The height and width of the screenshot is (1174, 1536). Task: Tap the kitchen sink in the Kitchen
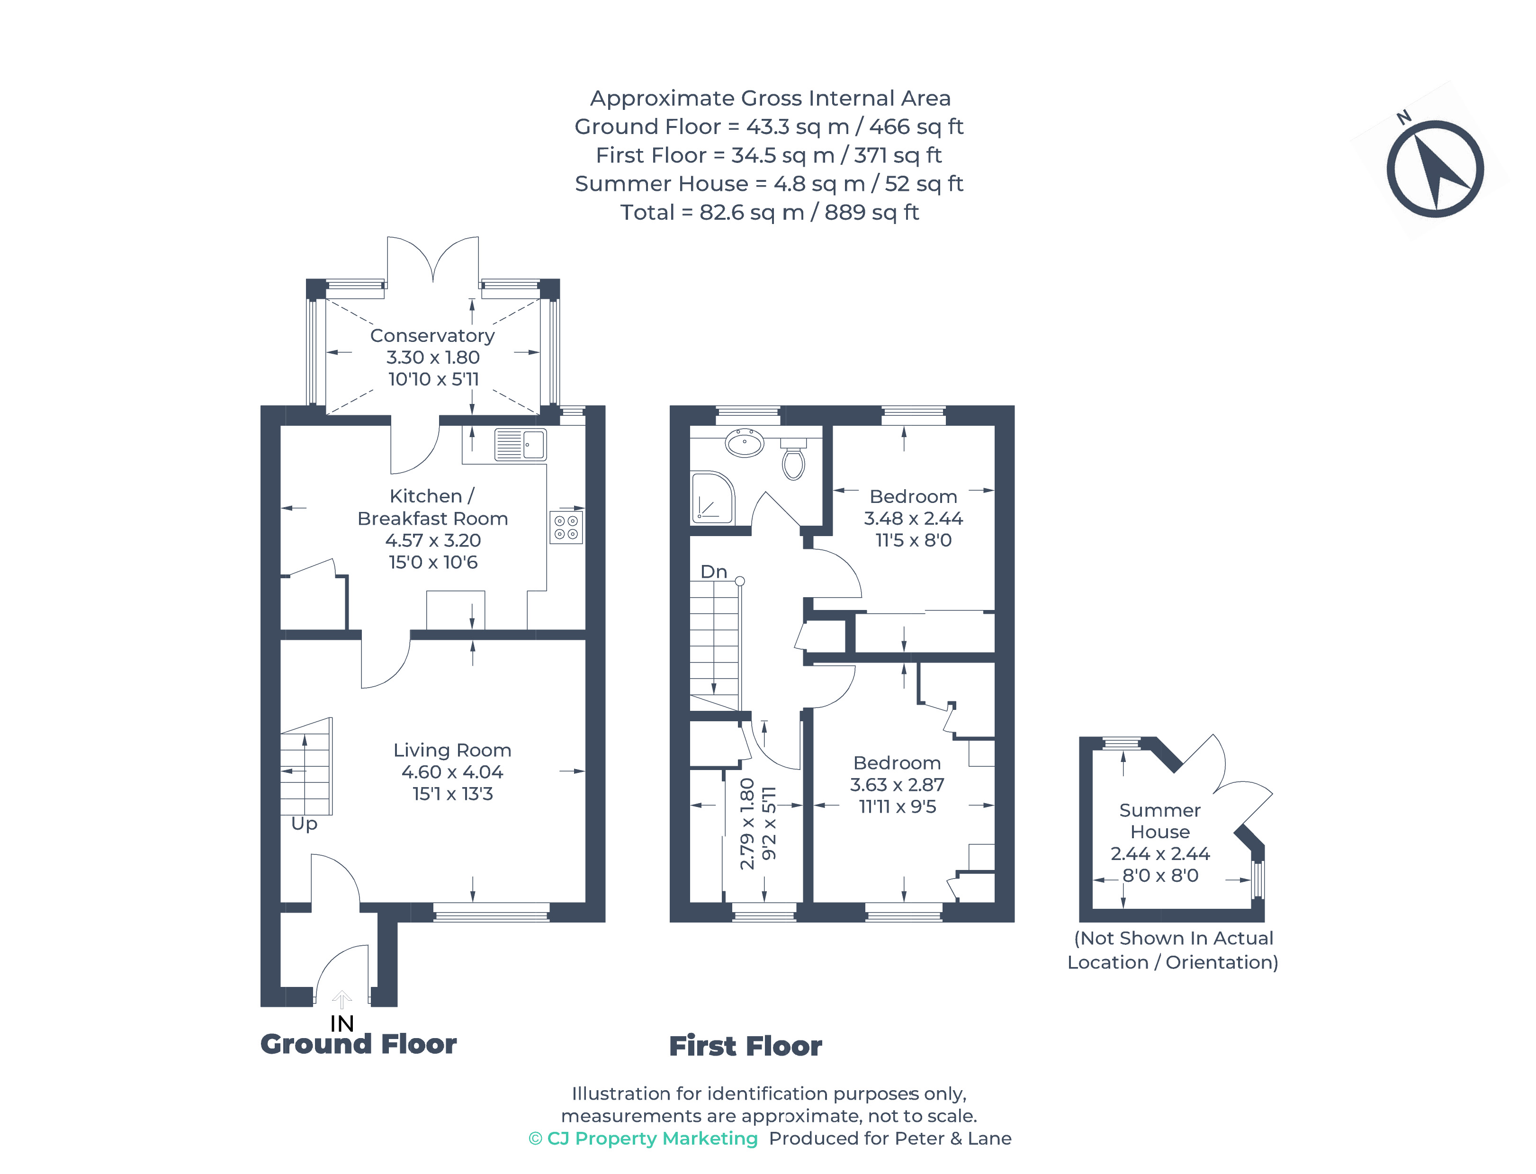(x=520, y=444)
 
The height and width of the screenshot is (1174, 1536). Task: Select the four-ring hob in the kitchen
(x=566, y=527)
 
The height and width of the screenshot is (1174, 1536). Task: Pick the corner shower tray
(x=712, y=498)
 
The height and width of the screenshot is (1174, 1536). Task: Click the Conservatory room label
(x=432, y=335)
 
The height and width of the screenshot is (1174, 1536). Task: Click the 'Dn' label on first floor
(x=713, y=572)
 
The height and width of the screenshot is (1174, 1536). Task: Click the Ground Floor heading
(x=358, y=1044)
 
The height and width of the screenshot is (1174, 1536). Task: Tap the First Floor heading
(x=745, y=1046)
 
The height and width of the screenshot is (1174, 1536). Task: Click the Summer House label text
(x=1159, y=821)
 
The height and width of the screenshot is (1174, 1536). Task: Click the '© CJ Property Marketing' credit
(x=643, y=1138)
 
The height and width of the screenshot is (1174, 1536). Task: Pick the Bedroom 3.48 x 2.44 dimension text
(x=913, y=519)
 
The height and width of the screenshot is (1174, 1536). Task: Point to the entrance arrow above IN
(x=341, y=999)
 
